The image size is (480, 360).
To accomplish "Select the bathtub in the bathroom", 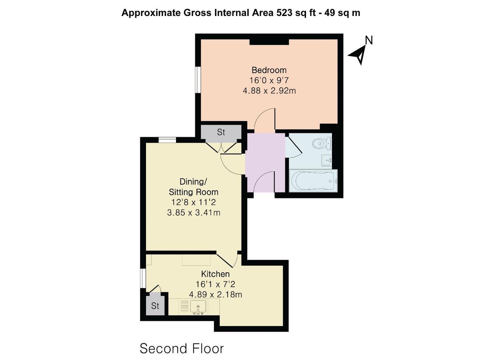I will pyautogui.click(x=313, y=181).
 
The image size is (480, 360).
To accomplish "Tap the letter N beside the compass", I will pyautogui.click(x=369, y=40).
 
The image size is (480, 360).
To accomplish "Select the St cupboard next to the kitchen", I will pyautogui.click(x=155, y=306).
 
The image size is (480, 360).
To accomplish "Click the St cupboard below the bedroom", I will pyautogui.click(x=221, y=132).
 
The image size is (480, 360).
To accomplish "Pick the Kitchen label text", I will pyautogui.click(x=215, y=274).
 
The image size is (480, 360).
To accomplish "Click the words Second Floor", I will pyautogui.click(x=182, y=348).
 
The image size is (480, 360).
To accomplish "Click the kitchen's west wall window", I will pyautogui.click(x=142, y=278).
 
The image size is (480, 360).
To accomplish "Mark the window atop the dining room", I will pyautogui.click(x=167, y=140).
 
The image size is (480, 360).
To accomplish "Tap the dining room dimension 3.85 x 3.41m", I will pyautogui.click(x=194, y=213).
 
